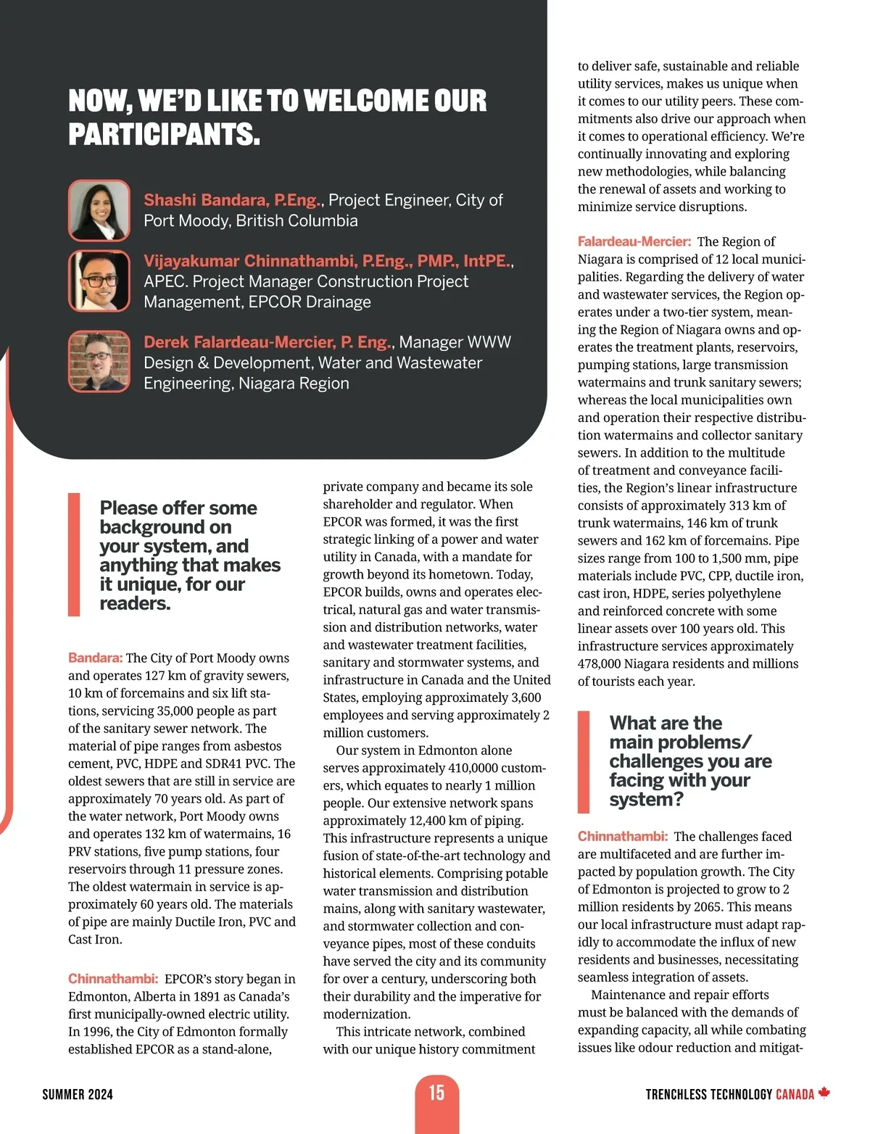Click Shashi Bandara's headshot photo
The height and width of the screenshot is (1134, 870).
99,210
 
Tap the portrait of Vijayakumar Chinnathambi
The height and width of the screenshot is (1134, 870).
99,281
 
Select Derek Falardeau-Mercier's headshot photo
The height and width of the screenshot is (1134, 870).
99,361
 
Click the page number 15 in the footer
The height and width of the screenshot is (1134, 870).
436,1093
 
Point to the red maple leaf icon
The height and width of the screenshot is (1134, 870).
824,1093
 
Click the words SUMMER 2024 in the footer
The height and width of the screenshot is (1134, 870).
78,1094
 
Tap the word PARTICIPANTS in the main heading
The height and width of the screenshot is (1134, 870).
163,135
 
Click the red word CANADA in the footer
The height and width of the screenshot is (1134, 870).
795,1094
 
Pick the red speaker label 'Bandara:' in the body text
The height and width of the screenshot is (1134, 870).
96,658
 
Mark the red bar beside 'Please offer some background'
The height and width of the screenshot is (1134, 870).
74,555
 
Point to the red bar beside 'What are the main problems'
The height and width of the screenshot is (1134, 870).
584,762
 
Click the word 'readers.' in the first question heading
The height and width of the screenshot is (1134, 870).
136,603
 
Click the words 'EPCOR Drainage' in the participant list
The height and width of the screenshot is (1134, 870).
310,302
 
